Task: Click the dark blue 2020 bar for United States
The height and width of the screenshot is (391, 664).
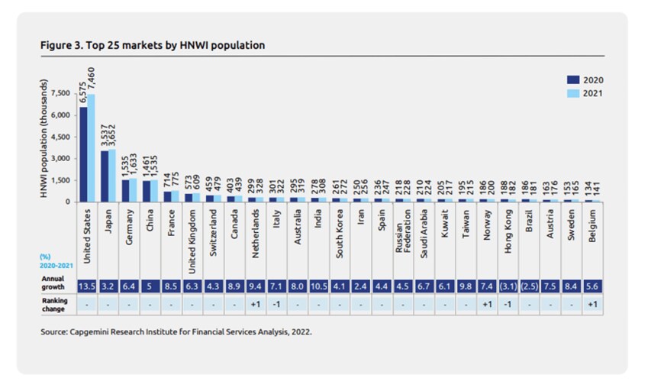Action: click(83, 154)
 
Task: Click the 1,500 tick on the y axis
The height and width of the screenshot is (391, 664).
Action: click(60, 180)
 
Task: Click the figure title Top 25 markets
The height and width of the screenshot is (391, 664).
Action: click(152, 45)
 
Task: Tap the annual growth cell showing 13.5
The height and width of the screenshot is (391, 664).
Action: click(86, 286)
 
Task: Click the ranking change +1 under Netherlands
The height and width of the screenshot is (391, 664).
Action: click(257, 303)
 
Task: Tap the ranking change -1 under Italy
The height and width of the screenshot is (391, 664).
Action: click(278, 303)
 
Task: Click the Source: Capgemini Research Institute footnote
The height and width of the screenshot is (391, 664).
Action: click(176, 332)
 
